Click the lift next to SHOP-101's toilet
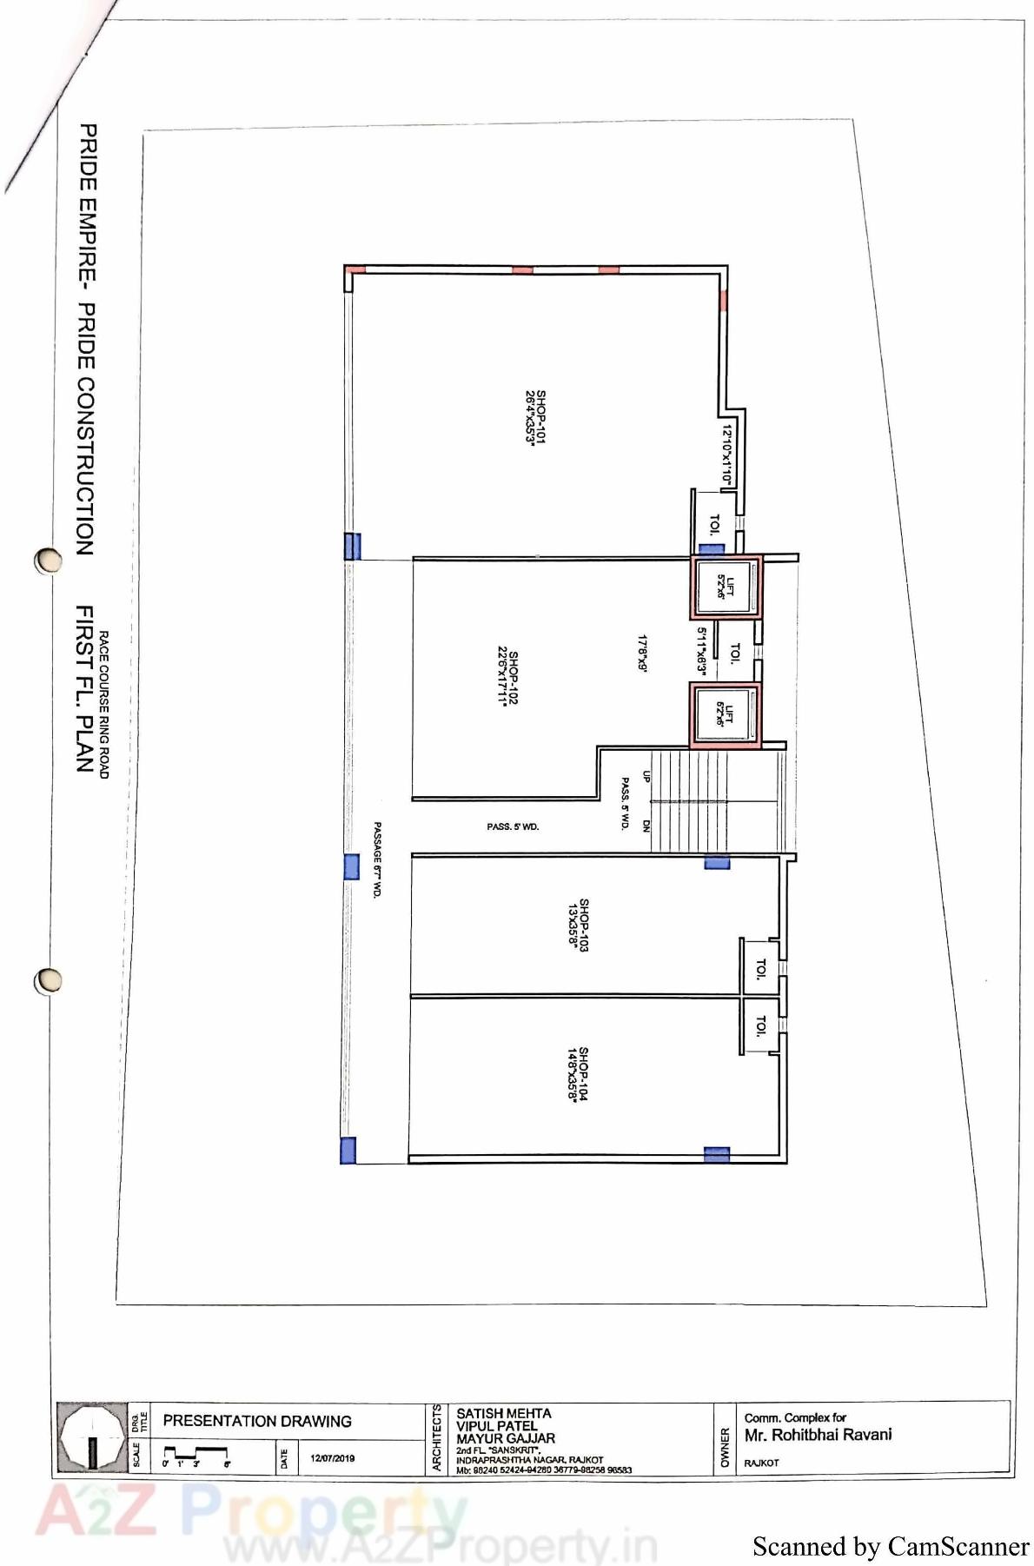[x=726, y=587]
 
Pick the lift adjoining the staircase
[x=725, y=714]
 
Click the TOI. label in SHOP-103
[x=761, y=968]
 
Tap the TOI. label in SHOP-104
[x=761, y=1025]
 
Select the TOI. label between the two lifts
[x=735, y=652]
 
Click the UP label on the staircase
[x=646, y=776]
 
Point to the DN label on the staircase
[x=646, y=826]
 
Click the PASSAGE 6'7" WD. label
[x=377, y=859]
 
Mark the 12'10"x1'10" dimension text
[x=727, y=455]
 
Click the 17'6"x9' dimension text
[x=642, y=653]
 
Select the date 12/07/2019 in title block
[x=332, y=1458]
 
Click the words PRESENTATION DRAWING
[x=257, y=1421]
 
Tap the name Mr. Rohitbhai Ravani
[x=818, y=1435]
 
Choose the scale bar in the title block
[x=196, y=1457]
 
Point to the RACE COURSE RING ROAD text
[x=103, y=704]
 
